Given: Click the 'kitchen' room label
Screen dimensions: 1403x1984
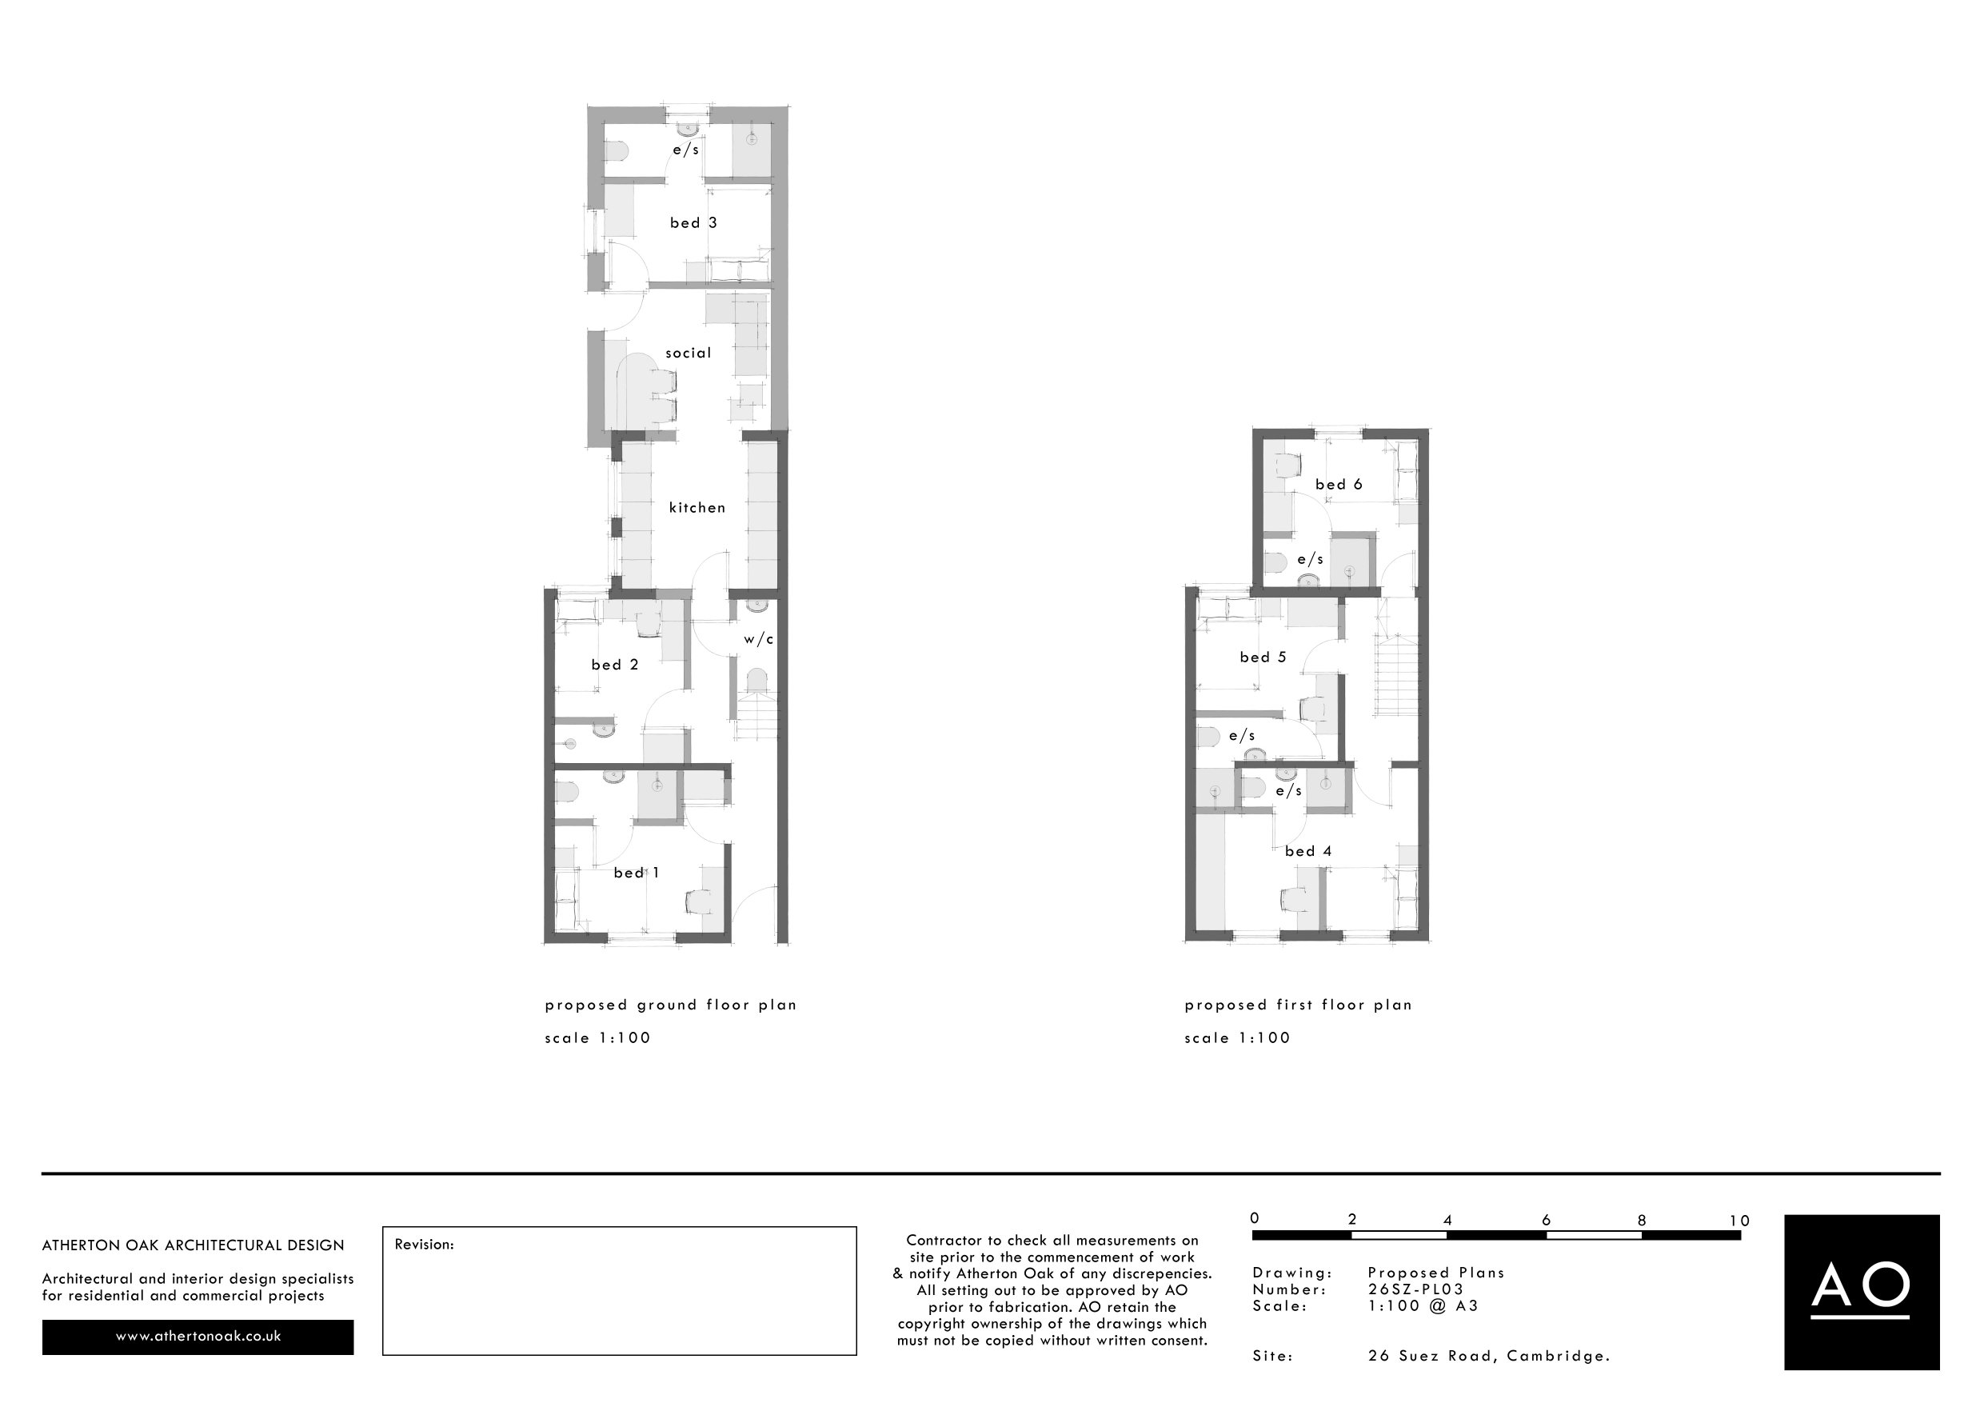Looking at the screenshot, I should pyautogui.click(x=697, y=507).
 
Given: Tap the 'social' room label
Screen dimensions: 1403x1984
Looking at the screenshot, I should pyautogui.click(x=688, y=353).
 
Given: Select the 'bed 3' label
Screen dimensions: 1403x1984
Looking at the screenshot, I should pyautogui.click(x=693, y=223).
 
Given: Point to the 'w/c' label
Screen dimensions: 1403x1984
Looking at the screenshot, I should pyautogui.click(x=759, y=640).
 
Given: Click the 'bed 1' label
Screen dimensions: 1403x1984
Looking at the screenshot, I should pyautogui.click(x=637, y=873).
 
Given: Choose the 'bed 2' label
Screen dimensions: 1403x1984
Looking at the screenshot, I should pyautogui.click(x=614, y=665).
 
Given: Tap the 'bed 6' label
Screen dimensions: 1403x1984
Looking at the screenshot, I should pyautogui.click(x=1339, y=485).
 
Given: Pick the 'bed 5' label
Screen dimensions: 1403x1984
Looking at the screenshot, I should pyautogui.click(x=1263, y=658).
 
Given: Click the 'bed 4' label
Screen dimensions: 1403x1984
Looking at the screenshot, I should pyautogui.click(x=1308, y=852).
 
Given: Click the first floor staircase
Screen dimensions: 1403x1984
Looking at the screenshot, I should pyautogui.click(x=1395, y=674).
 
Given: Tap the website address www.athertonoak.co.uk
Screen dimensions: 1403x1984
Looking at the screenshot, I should pyautogui.click(x=198, y=1337).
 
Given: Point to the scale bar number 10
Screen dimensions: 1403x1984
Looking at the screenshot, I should pyautogui.click(x=1739, y=1221).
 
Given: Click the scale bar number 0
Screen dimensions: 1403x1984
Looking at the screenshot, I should pyautogui.click(x=1255, y=1219).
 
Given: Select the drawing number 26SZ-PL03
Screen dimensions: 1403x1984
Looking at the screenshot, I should pyautogui.click(x=1415, y=1289).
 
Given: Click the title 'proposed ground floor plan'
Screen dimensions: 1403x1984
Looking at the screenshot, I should pyautogui.click(x=671, y=1005).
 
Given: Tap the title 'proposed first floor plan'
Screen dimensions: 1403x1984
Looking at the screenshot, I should pyautogui.click(x=1298, y=1005).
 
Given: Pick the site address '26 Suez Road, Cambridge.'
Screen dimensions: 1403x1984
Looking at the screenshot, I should pyautogui.click(x=1489, y=1357).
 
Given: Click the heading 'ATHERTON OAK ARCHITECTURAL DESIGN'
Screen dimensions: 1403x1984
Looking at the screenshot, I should pyautogui.click(x=194, y=1245).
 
